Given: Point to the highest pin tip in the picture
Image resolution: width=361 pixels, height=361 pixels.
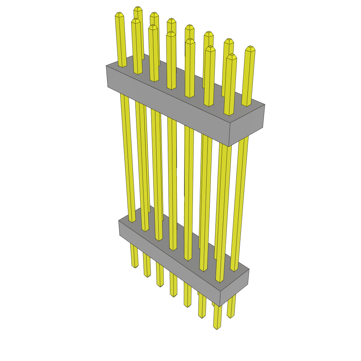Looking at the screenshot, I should (137, 8).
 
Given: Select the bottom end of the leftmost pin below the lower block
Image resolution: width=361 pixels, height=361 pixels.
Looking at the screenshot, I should (135, 267).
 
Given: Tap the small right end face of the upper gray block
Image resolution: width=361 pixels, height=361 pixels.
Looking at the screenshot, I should (247, 125).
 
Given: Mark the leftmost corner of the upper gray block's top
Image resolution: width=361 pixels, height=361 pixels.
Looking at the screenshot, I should (106, 66).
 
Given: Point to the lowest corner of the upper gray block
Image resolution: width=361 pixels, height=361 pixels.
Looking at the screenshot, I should (229, 146).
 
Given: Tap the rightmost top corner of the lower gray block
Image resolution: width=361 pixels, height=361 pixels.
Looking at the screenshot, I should (249, 270).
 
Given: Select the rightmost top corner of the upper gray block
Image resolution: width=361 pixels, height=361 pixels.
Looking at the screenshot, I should (265, 105).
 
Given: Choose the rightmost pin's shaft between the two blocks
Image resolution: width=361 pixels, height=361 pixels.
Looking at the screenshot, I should (240, 197).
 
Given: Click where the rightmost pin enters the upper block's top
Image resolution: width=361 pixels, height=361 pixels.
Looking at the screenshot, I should (246, 105).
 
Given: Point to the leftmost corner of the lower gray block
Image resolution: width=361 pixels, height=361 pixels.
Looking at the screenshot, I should (119, 221).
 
